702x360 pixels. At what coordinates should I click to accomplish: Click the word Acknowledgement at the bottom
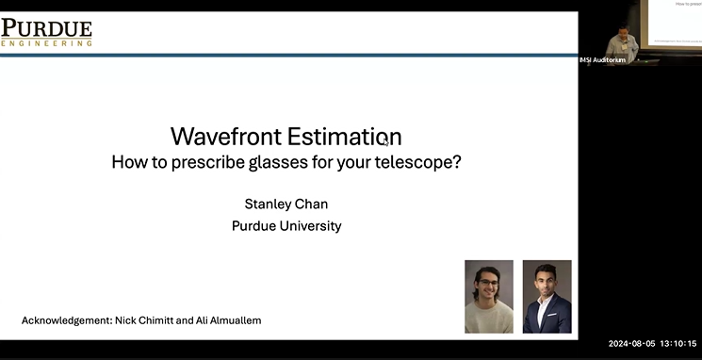coord(65,320)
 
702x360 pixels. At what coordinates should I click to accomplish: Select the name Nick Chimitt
coord(145,320)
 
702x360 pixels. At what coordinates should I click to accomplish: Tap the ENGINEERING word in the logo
coord(46,42)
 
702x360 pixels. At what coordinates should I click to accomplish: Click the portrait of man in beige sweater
coord(489,296)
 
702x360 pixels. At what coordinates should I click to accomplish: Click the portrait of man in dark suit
coord(547,296)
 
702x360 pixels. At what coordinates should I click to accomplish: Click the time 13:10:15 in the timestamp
coord(678,344)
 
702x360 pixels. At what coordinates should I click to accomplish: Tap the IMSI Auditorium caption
coord(603,60)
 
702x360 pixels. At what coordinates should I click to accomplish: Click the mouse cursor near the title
coord(385,141)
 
